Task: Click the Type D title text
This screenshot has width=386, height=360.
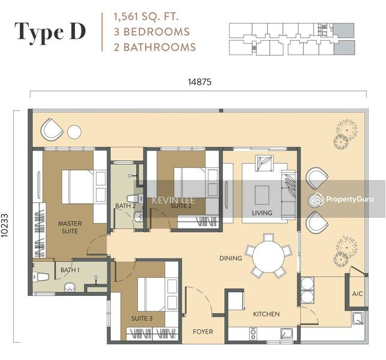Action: (x=51, y=32)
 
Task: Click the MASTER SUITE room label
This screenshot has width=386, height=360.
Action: (x=70, y=227)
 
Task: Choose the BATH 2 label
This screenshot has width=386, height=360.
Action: (x=125, y=206)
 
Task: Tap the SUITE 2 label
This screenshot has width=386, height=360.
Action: (x=180, y=206)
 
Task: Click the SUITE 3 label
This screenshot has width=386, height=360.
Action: (x=142, y=318)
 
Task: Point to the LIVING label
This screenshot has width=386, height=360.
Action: (x=261, y=213)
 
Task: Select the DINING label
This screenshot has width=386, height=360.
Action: (x=231, y=259)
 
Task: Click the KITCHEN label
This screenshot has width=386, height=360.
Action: (x=267, y=314)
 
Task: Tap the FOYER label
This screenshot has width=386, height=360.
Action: (x=202, y=332)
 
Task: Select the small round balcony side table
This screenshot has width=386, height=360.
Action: (x=74, y=131)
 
